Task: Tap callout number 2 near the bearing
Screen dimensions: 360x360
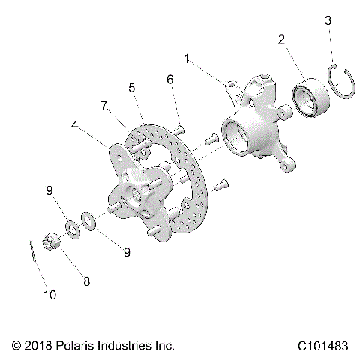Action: (281, 40)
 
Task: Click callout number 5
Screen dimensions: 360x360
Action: (133, 88)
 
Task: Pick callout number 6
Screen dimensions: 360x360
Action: (169, 79)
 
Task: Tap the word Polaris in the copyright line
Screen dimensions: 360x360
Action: (75, 346)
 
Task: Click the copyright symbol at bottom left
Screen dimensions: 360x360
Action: (16, 346)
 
